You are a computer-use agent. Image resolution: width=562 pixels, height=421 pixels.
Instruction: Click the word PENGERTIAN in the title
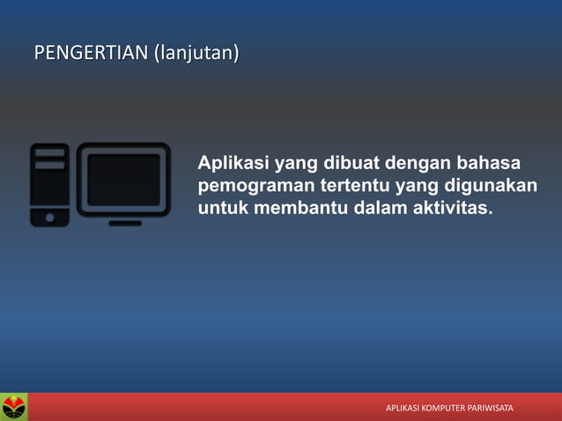click(92, 55)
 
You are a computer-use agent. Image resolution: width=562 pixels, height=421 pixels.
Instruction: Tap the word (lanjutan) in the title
click(196, 55)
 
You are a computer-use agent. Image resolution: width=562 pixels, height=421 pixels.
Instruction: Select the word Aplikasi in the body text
click(233, 165)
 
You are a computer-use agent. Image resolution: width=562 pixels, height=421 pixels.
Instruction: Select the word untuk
click(221, 209)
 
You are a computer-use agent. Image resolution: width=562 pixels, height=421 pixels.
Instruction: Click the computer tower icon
click(49, 184)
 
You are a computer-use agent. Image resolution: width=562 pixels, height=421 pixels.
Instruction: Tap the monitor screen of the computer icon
click(124, 180)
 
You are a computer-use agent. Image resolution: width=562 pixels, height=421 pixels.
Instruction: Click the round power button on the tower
click(49, 216)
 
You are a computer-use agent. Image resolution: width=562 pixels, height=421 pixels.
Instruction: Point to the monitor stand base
click(125, 223)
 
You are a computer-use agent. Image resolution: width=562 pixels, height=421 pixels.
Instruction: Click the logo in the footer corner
click(14, 407)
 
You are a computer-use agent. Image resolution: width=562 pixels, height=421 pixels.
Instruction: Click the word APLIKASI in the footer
click(402, 409)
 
